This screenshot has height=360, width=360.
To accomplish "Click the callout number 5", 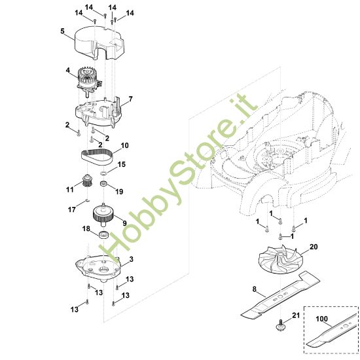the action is (62, 31).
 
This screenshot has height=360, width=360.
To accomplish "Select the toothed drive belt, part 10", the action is (97, 156).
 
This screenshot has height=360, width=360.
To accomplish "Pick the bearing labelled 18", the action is (104, 235).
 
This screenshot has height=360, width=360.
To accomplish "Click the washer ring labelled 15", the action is (103, 172).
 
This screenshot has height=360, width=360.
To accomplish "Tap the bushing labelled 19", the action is (104, 184).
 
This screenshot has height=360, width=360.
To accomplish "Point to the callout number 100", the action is (321, 319).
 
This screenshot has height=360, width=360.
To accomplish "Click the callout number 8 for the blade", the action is (255, 289).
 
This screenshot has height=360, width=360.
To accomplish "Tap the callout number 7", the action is (131, 99).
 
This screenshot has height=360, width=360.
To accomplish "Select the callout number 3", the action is (131, 259).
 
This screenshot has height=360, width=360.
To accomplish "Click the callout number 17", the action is (71, 209).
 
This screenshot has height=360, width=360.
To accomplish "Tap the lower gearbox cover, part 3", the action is (98, 268).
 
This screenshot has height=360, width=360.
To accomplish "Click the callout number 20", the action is (314, 247).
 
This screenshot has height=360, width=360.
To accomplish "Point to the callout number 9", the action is (124, 223).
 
